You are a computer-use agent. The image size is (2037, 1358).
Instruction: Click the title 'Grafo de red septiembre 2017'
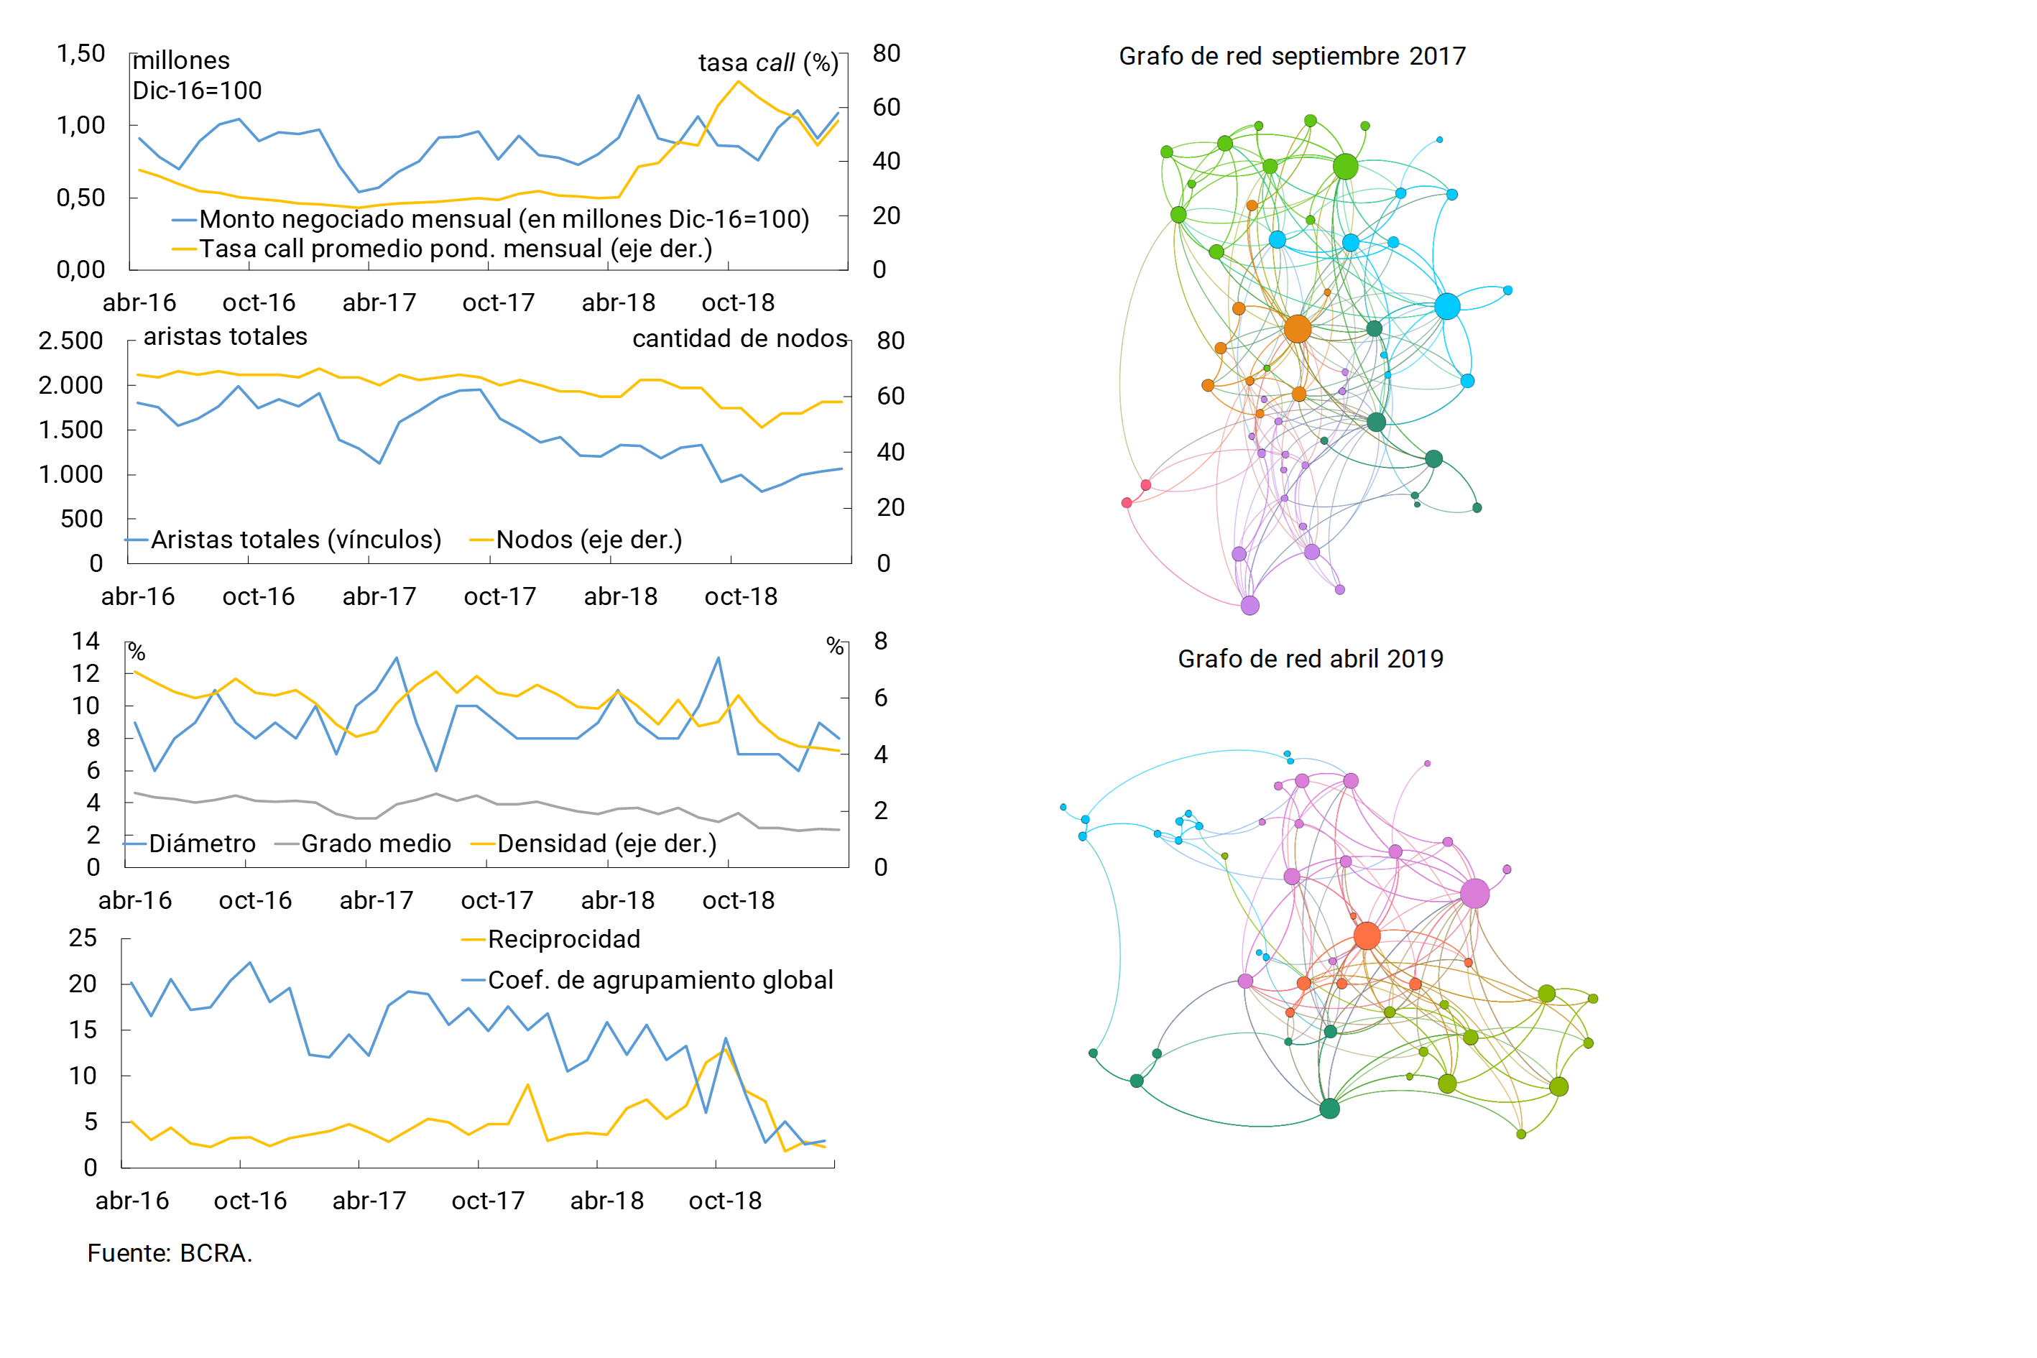click(x=1291, y=56)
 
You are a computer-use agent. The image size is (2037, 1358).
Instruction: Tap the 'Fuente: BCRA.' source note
click(x=170, y=1253)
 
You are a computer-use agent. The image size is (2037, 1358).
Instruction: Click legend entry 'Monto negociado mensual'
click(x=503, y=219)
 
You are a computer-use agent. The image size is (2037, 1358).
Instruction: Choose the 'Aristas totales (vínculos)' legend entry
click(x=295, y=540)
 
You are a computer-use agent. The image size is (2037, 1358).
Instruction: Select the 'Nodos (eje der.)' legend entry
click(x=588, y=540)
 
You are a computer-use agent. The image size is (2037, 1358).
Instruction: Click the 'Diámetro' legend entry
click(x=202, y=844)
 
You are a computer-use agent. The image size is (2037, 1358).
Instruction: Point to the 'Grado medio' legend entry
click(x=375, y=844)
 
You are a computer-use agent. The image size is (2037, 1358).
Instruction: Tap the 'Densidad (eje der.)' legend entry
click(x=606, y=844)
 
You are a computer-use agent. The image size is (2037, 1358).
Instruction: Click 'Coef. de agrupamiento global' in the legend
click(x=660, y=979)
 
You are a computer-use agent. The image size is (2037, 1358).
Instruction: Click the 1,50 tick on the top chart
click(x=80, y=54)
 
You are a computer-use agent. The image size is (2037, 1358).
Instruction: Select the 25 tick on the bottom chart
click(x=83, y=938)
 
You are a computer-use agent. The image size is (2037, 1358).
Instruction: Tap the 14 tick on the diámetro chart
click(x=86, y=641)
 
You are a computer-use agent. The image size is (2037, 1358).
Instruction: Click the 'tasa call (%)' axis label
click(x=768, y=63)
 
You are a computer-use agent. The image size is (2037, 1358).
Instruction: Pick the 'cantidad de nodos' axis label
click(x=739, y=338)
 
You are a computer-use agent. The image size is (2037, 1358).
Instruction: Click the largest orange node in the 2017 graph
click(x=1296, y=329)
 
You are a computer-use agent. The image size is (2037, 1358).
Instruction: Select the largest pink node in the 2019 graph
click(x=1474, y=893)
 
